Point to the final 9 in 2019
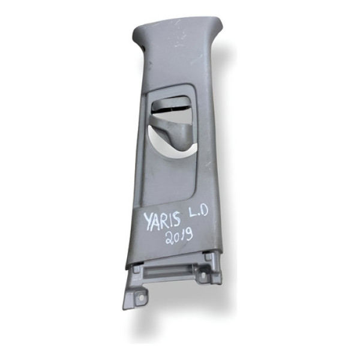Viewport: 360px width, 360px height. point(189,235)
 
